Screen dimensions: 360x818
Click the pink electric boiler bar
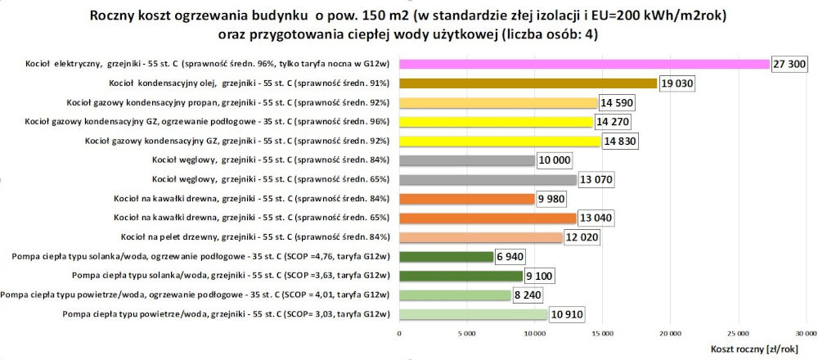[584, 64]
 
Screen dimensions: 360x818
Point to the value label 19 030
[677, 83]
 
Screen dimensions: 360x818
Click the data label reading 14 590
[617, 102]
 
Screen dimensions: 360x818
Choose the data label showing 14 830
[618, 141]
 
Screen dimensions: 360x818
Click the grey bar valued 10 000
[466, 160]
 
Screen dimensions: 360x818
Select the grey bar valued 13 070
[488, 179]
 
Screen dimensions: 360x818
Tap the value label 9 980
[553, 199]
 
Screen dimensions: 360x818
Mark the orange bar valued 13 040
[488, 218]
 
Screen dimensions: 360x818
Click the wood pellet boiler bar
[481, 237]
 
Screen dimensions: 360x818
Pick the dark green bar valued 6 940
[446, 256]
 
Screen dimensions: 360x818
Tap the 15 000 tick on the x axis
[603, 334]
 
